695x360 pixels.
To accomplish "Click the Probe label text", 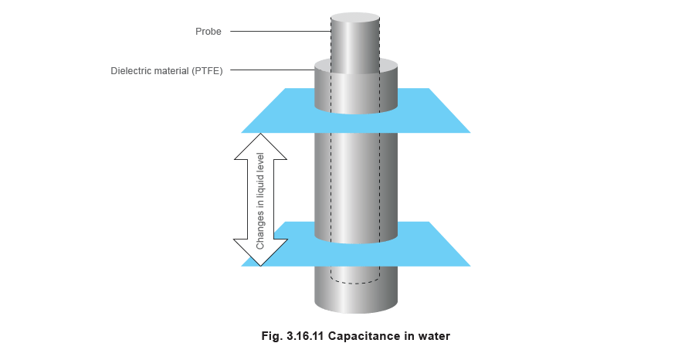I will (208, 32).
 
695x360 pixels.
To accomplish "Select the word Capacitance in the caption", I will (363, 336).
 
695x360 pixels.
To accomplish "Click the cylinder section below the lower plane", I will (355, 297).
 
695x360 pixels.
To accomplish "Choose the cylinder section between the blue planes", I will (355, 178).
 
